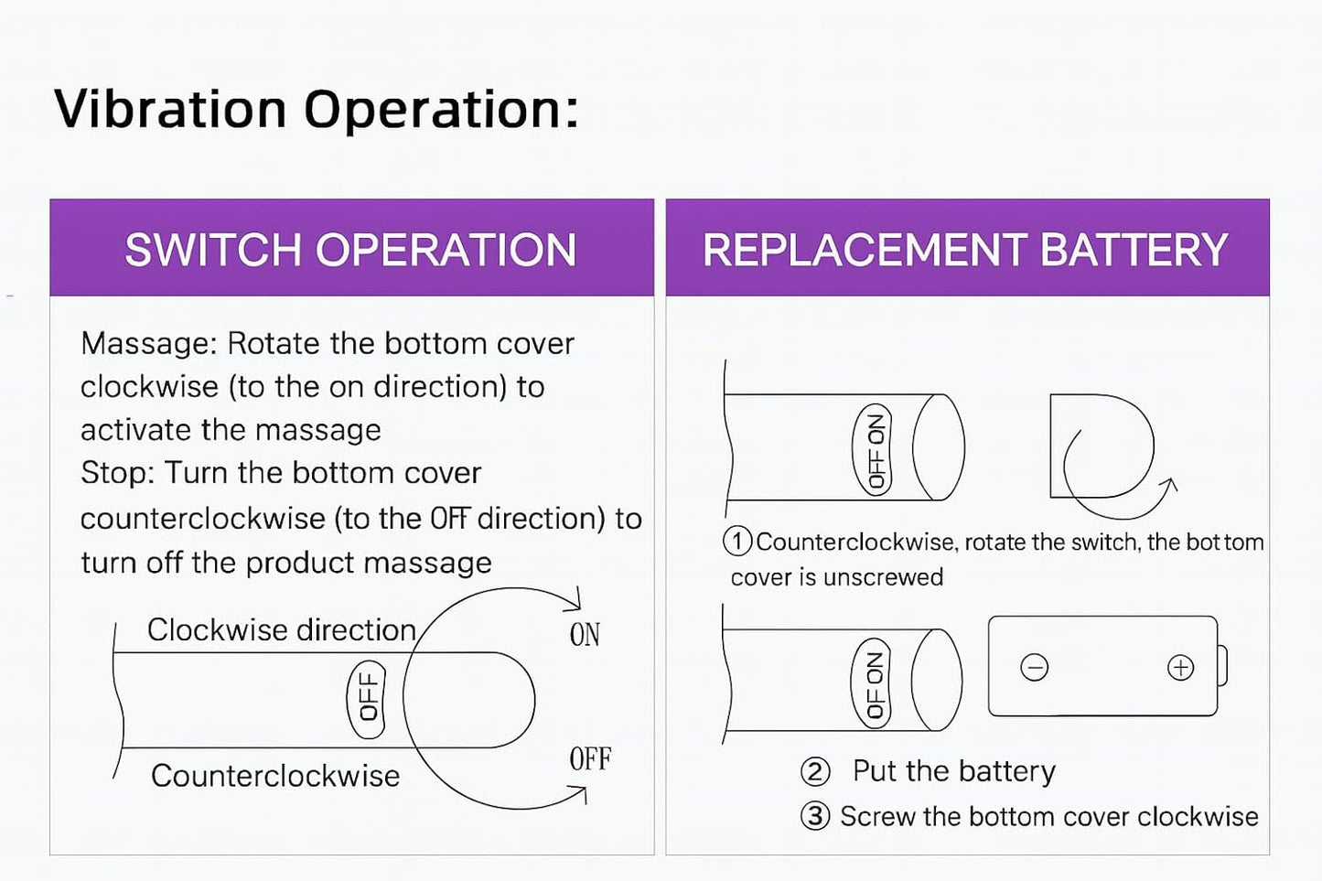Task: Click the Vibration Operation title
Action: [316, 109]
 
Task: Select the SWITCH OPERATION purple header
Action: [351, 250]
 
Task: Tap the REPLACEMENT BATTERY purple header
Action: [966, 250]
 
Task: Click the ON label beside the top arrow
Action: [585, 635]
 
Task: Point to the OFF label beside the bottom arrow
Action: [590, 759]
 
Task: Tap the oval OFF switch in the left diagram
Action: [367, 698]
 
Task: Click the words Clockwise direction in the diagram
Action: [282, 629]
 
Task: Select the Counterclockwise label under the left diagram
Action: [275, 776]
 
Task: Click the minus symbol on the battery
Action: [1035, 669]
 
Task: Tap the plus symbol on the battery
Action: [1181, 668]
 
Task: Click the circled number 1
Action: [737, 542]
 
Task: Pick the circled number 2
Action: [814, 772]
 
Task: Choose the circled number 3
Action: [814, 816]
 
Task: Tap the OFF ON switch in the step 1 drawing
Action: [876, 449]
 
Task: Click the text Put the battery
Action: [953, 771]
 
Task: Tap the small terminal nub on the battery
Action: [1223, 665]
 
